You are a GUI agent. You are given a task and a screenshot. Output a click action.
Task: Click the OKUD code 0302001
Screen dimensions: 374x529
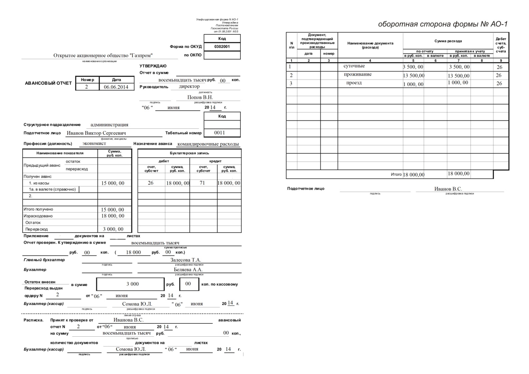tap(222, 47)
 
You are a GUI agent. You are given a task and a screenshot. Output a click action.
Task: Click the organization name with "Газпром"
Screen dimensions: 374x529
tap(103, 56)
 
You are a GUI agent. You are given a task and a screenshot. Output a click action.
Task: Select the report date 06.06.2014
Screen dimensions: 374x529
tap(116, 87)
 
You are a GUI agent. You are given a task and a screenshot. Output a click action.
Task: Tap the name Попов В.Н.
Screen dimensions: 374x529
tap(200, 97)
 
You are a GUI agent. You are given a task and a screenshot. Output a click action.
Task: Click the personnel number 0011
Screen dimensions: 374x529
tap(220, 133)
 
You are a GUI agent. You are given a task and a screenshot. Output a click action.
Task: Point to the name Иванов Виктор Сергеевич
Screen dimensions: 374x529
tap(96, 133)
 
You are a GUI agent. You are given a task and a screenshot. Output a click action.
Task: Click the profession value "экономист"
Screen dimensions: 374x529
tap(94, 143)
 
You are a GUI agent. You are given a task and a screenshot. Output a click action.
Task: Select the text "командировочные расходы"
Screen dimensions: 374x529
tap(208, 144)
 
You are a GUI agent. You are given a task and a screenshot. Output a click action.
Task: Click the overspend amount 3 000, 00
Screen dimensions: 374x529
tap(113, 229)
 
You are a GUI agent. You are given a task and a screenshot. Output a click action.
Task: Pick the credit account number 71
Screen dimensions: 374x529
tap(202, 183)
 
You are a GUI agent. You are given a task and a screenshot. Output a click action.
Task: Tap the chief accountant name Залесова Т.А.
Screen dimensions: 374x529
tap(186, 260)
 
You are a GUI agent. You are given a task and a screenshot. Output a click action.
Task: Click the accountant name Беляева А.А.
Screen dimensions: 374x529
tap(188, 269)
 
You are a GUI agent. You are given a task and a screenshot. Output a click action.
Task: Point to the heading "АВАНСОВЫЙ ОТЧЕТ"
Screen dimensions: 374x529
tap(48, 83)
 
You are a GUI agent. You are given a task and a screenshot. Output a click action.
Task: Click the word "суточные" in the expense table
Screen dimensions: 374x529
tap(354, 66)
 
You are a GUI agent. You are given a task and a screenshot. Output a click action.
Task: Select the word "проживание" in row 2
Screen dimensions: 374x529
tap(358, 74)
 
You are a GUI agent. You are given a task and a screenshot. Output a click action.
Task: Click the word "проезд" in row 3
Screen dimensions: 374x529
tap(354, 83)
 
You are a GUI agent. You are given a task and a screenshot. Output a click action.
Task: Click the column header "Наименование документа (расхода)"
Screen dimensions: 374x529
tap(370, 45)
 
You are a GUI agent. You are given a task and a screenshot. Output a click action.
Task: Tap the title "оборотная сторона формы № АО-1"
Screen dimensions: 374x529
tap(443, 24)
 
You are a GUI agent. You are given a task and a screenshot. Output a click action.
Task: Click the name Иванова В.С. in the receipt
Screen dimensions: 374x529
tap(128, 320)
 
